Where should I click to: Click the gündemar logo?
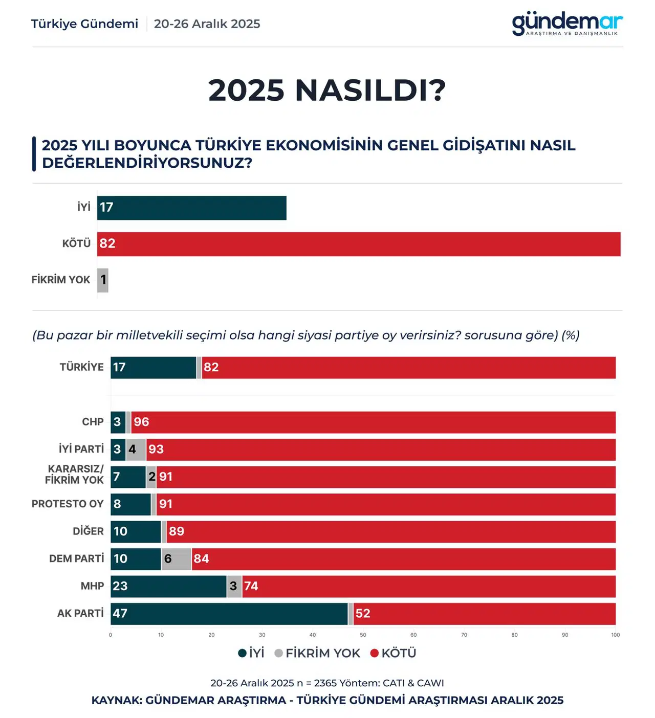click(x=567, y=24)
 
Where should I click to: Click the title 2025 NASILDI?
click(x=327, y=91)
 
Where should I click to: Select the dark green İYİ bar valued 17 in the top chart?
click(x=191, y=208)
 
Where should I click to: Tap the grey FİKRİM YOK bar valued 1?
click(x=103, y=280)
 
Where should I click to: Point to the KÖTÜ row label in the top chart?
click(x=76, y=243)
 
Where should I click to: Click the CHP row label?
click(x=93, y=422)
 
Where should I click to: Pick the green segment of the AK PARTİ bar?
click(x=229, y=614)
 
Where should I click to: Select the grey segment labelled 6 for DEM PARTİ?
click(x=177, y=559)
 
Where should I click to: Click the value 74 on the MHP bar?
click(x=251, y=586)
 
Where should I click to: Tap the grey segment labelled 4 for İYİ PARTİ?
click(x=136, y=450)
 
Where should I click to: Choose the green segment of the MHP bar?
click(x=168, y=586)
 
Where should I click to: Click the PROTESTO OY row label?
click(x=68, y=504)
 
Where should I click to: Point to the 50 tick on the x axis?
click(x=363, y=635)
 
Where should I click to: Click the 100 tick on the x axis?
click(x=615, y=635)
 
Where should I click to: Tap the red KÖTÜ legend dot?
click(x=374, y=653)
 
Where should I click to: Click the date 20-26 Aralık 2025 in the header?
click(x=207, y=24)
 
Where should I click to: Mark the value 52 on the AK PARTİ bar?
click(x=363, y=614)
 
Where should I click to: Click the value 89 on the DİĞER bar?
click(x=177, y=531)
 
